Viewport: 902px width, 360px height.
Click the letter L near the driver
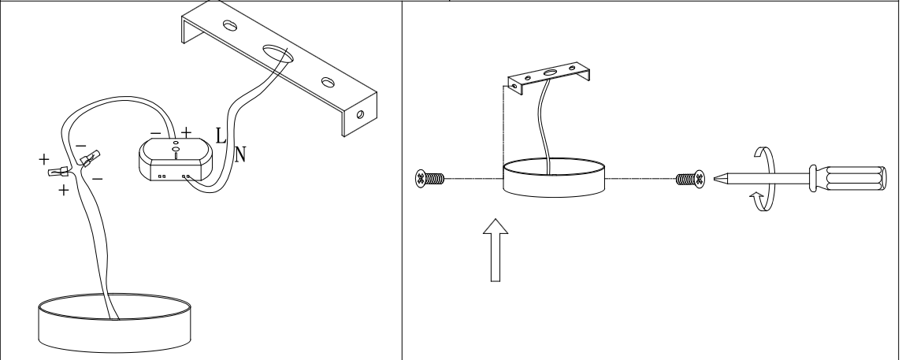point(221,135)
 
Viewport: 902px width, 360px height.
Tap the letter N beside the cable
point(240,154)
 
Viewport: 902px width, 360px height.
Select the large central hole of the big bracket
point(278,54)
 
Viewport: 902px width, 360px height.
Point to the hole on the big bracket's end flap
point(360,114)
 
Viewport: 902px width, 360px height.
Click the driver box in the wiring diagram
point(176,159)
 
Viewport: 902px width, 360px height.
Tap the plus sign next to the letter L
point(186,133)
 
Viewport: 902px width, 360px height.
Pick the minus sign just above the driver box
point(155,133)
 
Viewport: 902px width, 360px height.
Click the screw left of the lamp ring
point(429,179)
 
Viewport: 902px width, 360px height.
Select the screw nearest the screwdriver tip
point(690,180)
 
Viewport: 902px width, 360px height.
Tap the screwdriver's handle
point(848,178)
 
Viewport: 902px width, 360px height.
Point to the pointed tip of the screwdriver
point(715,179)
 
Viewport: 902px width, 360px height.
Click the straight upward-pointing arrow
point(496,251)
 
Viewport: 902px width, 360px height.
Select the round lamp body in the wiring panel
point(114,323)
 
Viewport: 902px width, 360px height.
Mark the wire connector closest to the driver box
point(90,158)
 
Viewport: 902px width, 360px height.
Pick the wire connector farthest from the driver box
point(58,172)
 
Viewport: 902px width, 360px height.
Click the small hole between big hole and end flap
point(328,82)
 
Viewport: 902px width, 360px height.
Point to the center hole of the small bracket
point(550,73)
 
